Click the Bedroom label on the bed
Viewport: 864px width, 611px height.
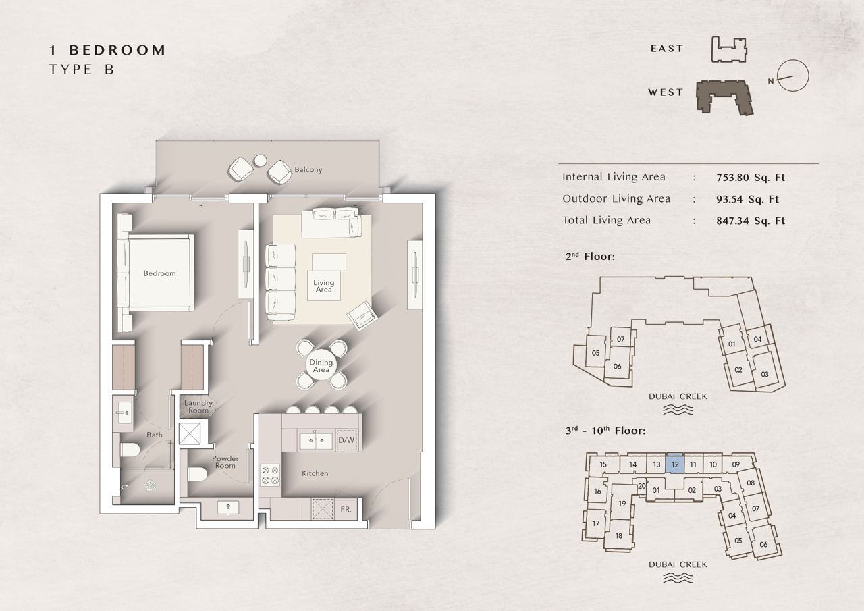(x=160, y=273)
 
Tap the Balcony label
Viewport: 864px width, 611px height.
(x=308, y=169)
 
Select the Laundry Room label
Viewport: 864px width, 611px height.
(x=198, y=406)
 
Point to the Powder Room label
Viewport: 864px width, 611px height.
(x=225, y=462)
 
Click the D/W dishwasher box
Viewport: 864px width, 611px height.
(x=346, y=440)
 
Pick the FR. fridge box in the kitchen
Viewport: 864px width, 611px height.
(x=346, y=509)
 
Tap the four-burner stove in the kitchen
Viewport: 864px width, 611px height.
(x=270, y=475)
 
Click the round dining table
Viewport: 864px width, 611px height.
(x=321, y=365)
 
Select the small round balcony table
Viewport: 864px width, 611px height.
(x=261, y=161)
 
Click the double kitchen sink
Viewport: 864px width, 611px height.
(x=317, y=441)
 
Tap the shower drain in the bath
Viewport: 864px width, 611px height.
(x=150, y=485)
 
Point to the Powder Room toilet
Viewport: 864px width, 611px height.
(x=198, y=474)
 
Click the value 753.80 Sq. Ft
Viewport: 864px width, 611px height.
(x=751, y=178)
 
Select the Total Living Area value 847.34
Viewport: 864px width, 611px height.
(x=751, y=221)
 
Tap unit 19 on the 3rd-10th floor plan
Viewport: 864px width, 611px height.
(x=622, y=504)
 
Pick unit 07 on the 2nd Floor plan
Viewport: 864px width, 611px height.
(x=620, y=339)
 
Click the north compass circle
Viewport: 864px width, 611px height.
(x=792, y=76)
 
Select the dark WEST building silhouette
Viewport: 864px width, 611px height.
(x=724, y=97)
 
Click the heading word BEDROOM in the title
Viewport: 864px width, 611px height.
(x=117, y=50)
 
